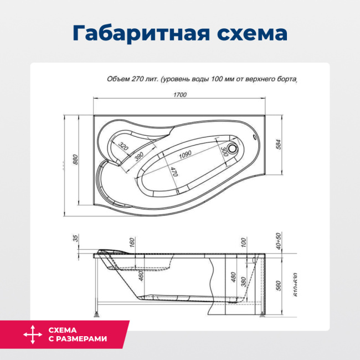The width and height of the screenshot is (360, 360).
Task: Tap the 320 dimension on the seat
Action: tap(123, 147)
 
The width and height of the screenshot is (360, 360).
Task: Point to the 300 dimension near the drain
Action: tap(223, 150)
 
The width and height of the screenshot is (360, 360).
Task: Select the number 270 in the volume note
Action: tap(138, 79)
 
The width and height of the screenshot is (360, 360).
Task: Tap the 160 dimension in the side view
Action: tap(132, 242)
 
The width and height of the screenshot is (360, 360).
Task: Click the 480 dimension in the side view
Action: tap(234, 276)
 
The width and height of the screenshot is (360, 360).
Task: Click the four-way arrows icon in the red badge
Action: tap(32, 335)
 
